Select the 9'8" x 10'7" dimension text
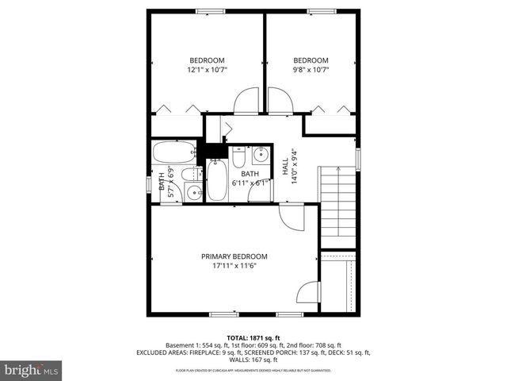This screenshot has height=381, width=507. pos(311,70)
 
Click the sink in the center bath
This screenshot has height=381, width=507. pos(261,154)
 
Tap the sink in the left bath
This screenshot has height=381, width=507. pos(193,192)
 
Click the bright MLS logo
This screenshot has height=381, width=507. pos(32,370)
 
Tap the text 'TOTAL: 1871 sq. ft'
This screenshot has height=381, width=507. pos(253,337)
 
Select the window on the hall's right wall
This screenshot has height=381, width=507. pos(358,158)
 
